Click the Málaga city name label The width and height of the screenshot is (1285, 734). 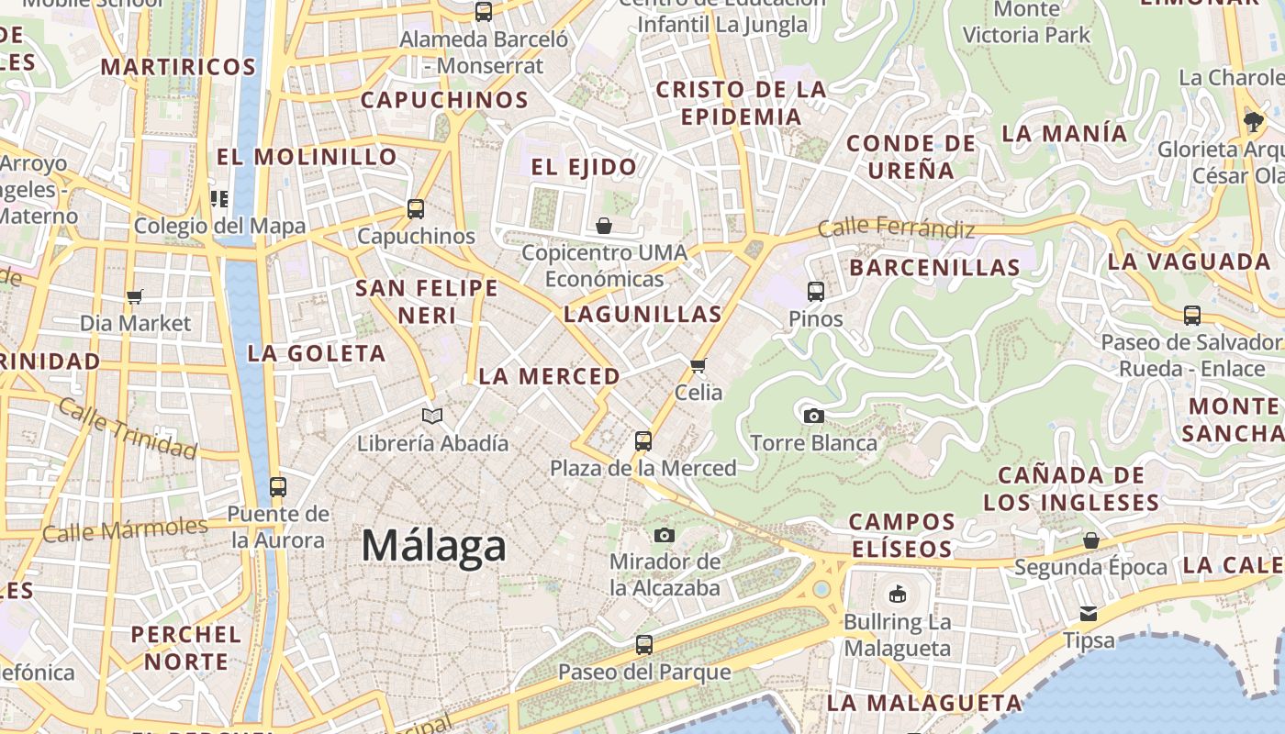pyautogui.click(x=433, y=546)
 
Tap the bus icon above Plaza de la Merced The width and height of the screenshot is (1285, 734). pyautogui.click(x=643, y=440)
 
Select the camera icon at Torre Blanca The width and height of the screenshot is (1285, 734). pyautogui.click(x=813, y=416)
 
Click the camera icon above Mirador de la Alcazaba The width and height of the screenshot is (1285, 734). pyautogui.click(x=665, y=535)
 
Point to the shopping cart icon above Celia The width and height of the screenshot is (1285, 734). pyautogui.click(x=698, y=365)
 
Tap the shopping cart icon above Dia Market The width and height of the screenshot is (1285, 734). pyautogui.click(x=135, y=296)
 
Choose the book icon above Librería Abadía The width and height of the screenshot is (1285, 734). pyautogui.click(x=432, y=416)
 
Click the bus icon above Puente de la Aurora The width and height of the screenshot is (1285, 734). pyautogui.click(x=278, y=486)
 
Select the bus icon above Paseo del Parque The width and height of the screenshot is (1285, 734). pyautogui.click(x=644, y=644)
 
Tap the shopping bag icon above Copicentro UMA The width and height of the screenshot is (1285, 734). pyautogui.click(x=604, y=225)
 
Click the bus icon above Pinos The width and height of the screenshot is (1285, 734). pyautogui.click(x=816, y=292)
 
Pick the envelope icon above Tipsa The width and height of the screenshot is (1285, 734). pyautogui.click(x=1089, y=613)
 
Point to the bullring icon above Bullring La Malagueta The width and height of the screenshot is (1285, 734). pyautogui.click(x=898, y=595)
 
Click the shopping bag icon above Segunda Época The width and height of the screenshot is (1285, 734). pyautogui.click(x=1090, y=540)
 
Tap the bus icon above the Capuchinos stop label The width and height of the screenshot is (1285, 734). pyautogui.click(x=416, y=208)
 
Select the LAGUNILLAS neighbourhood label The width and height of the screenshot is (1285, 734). pyautogui.click(x=642, y=315)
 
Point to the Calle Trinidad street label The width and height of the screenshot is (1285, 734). pyautogui.click(x=128, y=428)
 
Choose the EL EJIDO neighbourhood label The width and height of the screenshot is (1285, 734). pyautogui.click(x=584, y=167)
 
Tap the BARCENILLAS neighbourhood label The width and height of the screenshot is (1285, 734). pyautogui.click(x=934, y=268)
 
